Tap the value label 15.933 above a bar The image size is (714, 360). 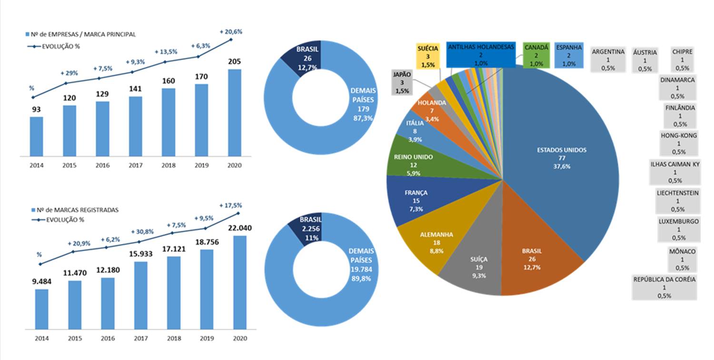[x=140, y=254]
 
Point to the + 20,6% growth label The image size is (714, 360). [x=231, y=31]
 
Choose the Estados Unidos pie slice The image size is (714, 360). [x=557, y=157]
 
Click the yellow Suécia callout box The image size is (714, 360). [x=427, y=56]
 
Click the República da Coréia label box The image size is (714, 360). [x=664, y=287]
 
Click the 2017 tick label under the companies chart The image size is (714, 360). [x=135, y=165]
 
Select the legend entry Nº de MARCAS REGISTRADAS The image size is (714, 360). [x=74, y=210]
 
